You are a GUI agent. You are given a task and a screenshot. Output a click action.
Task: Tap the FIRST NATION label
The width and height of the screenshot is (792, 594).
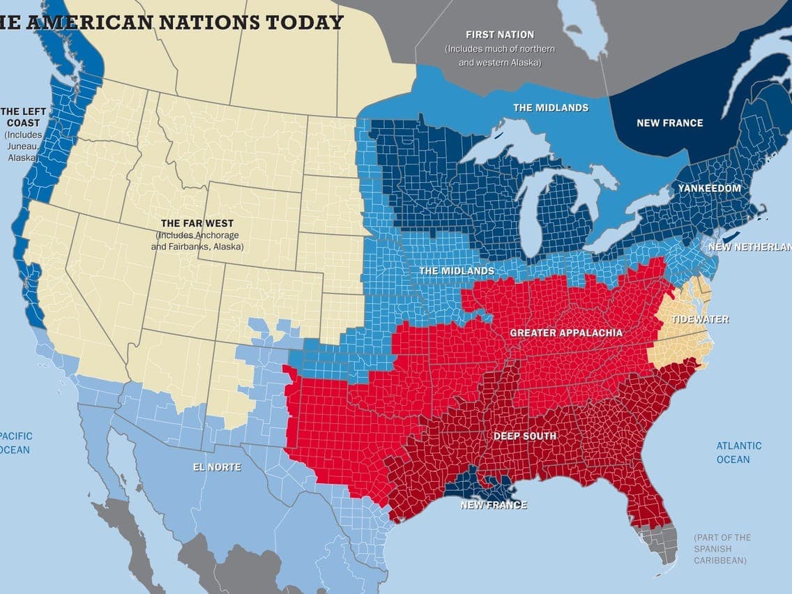499,34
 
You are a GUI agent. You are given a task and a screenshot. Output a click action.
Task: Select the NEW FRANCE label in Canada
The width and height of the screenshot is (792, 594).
669,123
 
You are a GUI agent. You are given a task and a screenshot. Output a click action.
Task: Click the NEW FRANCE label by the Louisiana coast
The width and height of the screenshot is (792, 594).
493,505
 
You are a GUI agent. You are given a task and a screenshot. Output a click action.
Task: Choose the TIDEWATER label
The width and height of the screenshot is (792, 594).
699,319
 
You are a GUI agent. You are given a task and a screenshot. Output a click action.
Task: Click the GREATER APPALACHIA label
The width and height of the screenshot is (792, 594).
566,333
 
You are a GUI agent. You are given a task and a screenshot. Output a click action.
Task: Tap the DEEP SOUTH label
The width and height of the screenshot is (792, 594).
524,436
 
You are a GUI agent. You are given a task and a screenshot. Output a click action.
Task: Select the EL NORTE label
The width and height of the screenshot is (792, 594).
217,467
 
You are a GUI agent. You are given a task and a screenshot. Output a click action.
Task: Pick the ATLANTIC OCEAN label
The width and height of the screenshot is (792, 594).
738,452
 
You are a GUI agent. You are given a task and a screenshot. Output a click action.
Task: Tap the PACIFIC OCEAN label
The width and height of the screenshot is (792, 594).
15,443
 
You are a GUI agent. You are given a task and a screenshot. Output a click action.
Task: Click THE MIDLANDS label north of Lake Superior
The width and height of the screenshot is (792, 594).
550,107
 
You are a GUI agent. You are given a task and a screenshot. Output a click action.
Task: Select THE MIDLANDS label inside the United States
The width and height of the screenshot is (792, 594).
456,271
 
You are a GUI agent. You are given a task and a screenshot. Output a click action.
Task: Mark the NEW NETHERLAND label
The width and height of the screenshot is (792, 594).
749,247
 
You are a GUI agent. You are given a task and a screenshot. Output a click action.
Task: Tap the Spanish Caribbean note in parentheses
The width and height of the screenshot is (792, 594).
722,549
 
